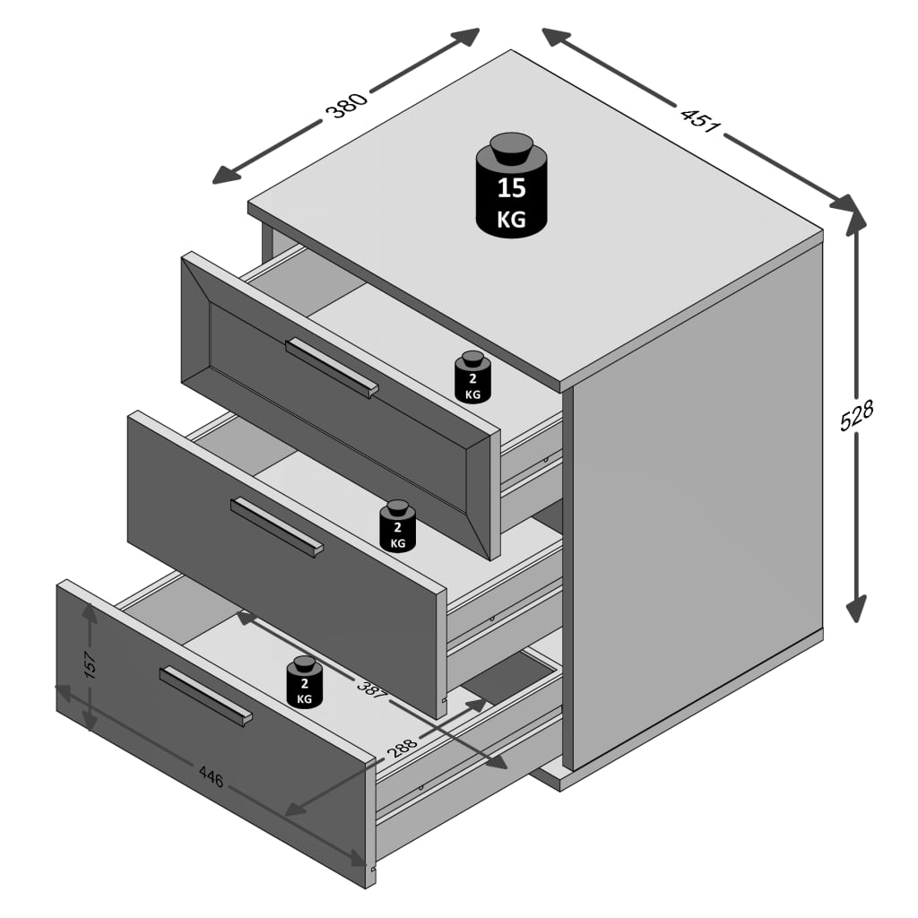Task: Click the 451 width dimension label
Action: coord(700,121)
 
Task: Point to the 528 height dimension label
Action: coord(856,415)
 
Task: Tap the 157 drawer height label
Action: coord(90,664)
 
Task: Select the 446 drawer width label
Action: coord(212,776)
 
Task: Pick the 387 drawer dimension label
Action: coord(373,689)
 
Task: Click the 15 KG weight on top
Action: coord(511,185)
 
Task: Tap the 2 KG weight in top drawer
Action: coord(472,377)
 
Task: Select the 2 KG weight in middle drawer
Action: coord(397,525)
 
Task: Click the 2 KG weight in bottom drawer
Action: coord(305,682)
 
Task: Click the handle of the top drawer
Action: coord(332,367)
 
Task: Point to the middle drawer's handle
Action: coord(276,527)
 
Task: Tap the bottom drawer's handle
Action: coord(205,696)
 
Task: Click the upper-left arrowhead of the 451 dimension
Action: coord(556,36)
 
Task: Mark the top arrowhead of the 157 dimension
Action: coord(90,612)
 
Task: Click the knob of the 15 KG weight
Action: coord(511,148)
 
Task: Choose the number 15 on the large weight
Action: coord(512,188)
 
